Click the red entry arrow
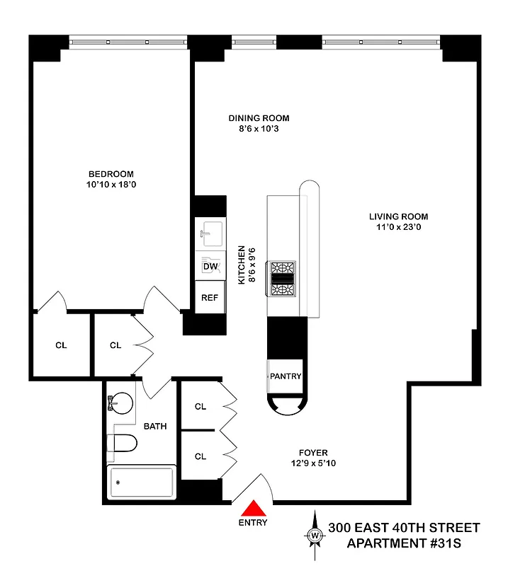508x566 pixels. pos(253,509)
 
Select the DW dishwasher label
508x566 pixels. pos(210,266)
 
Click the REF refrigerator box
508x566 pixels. pos(210,297)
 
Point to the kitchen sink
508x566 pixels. pos(210,232)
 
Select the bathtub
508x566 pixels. pos(141,483)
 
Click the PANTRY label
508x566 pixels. pos(286,376)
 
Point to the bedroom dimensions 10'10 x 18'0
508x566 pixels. pos(111,185)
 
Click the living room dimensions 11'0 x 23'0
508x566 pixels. pos(398,227)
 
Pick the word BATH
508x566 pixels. pos(155,427)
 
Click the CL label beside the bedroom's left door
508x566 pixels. pos(61,346)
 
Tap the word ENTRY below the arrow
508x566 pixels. pos(253,524)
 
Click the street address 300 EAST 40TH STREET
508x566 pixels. pos(404,528)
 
